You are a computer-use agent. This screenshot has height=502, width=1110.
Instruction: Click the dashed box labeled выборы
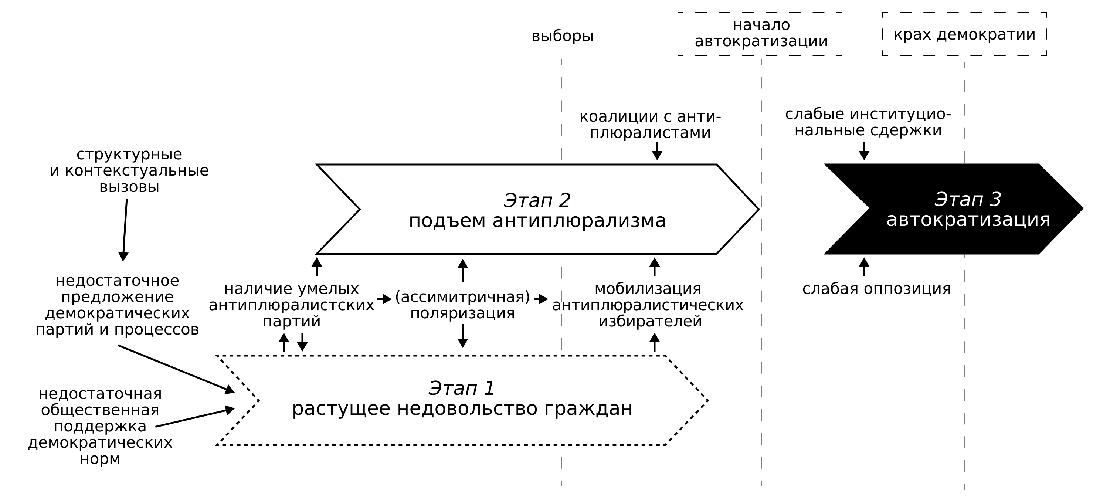click(562, 36)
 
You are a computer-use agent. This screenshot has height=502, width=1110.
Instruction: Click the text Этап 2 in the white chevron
click(537, 200)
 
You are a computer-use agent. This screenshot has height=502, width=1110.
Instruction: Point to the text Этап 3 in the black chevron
click(967, 199)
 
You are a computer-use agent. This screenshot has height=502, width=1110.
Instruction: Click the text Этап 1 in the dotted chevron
click(462, 388)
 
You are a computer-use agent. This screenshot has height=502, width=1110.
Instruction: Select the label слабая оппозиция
click(876, 289)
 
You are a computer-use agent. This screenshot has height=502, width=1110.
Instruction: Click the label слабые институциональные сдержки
click(868, 122)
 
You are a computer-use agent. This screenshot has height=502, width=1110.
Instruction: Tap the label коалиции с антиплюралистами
click(650, 125)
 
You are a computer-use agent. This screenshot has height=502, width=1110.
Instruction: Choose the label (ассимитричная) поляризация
click(462, 305)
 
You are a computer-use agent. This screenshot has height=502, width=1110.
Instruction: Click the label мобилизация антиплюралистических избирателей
click(648, 305)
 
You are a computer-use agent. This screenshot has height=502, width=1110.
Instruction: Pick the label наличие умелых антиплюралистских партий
click(292, 305)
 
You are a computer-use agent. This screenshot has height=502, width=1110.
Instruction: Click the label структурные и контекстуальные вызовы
click(129, 171)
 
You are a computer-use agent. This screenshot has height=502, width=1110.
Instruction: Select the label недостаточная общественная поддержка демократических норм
click(100, 426)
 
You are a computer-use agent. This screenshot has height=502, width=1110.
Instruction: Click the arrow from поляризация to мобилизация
click(541, 299)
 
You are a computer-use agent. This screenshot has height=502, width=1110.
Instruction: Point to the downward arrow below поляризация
click(462, 336)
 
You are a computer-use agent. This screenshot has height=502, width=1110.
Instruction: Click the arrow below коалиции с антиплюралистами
click(657, 151)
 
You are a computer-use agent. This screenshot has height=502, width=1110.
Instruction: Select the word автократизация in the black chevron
click(968, 220)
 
